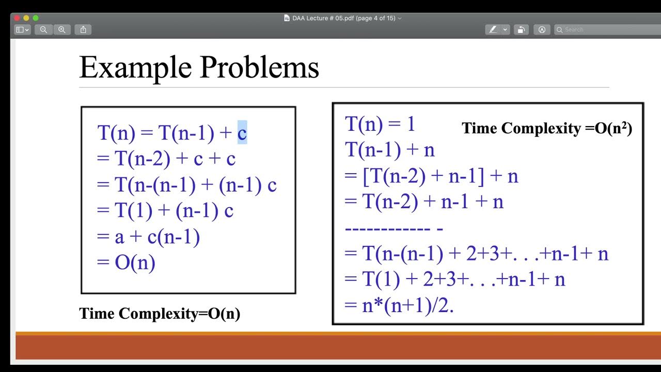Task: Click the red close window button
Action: pyautogui.click(x=17, y=18)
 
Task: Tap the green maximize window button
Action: pyautogui.click(x=36, y=18)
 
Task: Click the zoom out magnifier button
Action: pyautogui.click(x=43, y=29)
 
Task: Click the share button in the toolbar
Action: pyautogui.click(x=83, y=29)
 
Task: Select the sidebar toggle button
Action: pyautogui.click(x=22, y=29)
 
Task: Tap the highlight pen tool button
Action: pyautogui.click(x=493, y=29)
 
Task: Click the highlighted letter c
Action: pyautogui.click(x=242, y=133)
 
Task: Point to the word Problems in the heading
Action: pyautogui.click(x=259, y=67)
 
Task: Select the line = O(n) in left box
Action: pyautogui.click(x=126, y=263)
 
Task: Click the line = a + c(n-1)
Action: pyautogui.click(x=148, y=237)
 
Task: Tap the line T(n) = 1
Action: pyautogui.click(x=380, y=124)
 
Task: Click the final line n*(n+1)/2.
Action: pyautogui.click(x=399, y=305)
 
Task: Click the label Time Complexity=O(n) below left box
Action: pyautogui.click(x=160, y=313)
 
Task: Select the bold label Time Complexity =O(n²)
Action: pyautogui.click(x=547, y=128)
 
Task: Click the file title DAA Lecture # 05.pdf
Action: pyautogui.click(x=343, y=18)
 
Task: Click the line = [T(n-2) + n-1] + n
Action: pyautogui.click(x=431, y=176)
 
